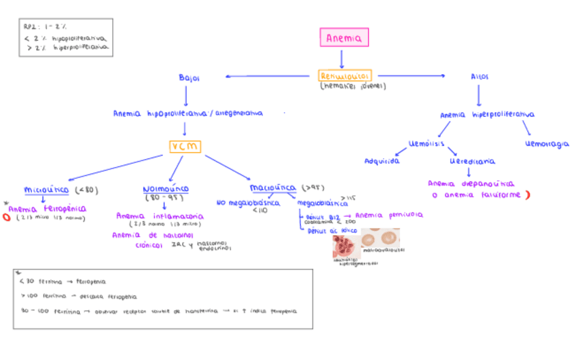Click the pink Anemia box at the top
[344, 38]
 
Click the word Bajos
[189, 77]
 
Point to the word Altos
[479, 77]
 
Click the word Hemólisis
[427, 143]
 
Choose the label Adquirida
[382, 161]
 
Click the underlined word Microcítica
[46, 190]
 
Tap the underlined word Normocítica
[166, 189]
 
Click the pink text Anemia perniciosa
[389, 214]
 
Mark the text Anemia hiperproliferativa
[486, 115]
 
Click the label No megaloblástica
[248, 202]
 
